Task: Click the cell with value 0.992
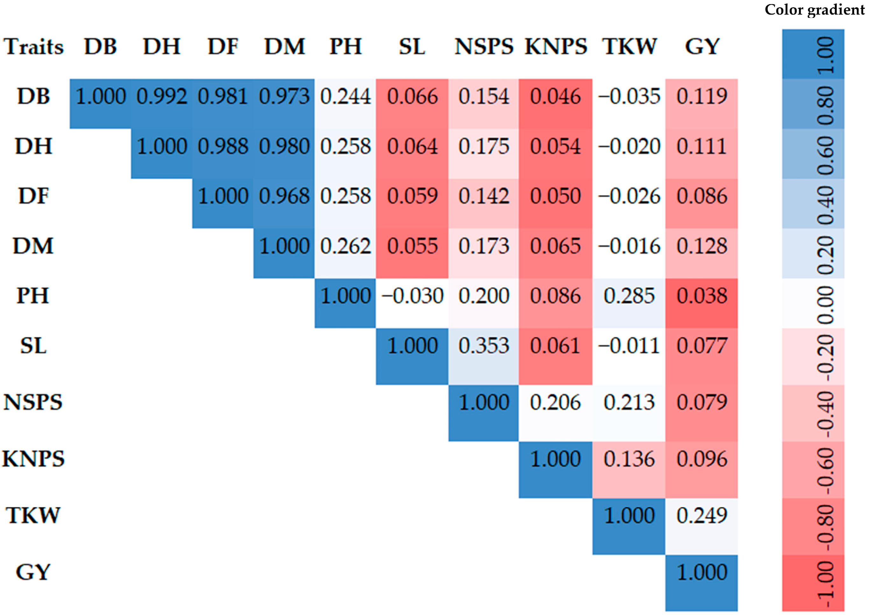[162, 97]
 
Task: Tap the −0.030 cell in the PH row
[412, 296]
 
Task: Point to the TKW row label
[33, 516]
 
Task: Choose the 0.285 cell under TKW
[629, 296]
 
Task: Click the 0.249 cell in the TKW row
[702, 516]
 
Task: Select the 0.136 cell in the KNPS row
[629, 459]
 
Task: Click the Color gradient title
[815, 10]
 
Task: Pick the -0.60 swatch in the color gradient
[813, 470]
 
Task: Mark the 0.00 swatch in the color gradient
[813, 304]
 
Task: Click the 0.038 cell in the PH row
[702, 296]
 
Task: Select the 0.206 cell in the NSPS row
[555, 402]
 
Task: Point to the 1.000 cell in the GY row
[702, 573]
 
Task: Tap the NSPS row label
[33, 402]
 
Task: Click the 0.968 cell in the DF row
[284, 197]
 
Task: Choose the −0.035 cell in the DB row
[629, 97]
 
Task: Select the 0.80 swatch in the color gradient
[813, 104]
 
